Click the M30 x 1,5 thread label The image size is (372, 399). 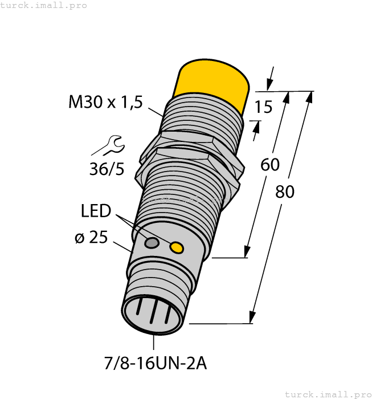pyautogui.click(x=105, y=102)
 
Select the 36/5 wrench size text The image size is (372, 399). pyautogui.click(x=107, y=169)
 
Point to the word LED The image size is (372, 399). pyautogui.click(x=95, y=211)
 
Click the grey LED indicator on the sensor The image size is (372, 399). pyautogui.click(x=152, y=243)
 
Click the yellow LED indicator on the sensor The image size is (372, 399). pyautogui.click(x=177, y=247)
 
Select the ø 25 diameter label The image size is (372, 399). pyautogui.click(x=91, y=237)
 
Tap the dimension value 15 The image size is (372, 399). pyautogui.click(x=263, y=107)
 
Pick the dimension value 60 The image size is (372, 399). pyautogui.click(x=269, y=165)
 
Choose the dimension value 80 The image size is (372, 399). pyautogui.click(x=285, y=192)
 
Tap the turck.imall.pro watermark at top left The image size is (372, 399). pyautogui.click(x=44, y=5)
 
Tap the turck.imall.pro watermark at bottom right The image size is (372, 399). pyautogui.click(x=328, y=394)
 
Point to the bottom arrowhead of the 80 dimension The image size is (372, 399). pyautogui.click(x=251, y=318)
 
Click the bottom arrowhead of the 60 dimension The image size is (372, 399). pyautogui.click(x=247, y=252)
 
